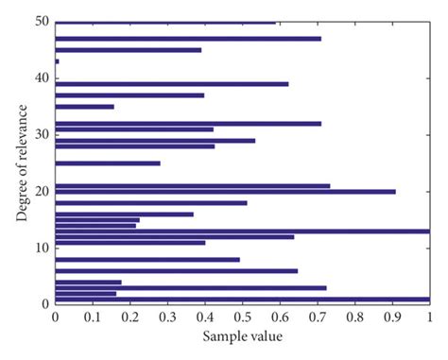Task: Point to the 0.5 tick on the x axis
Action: point(243,316)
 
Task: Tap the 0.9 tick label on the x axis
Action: point(392,316)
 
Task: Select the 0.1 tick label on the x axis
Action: point(93,316)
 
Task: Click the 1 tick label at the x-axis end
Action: point(429,316)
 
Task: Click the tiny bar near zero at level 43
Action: point(57,61)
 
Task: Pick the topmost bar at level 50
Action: point(165,23)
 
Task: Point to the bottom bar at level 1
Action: point(242,299)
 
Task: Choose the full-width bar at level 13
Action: point(242,231)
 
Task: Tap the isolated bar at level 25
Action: point(108,163)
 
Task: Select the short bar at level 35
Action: point(84,107)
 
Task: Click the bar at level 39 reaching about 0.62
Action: point(172,84)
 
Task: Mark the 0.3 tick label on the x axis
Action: point(167,316)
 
